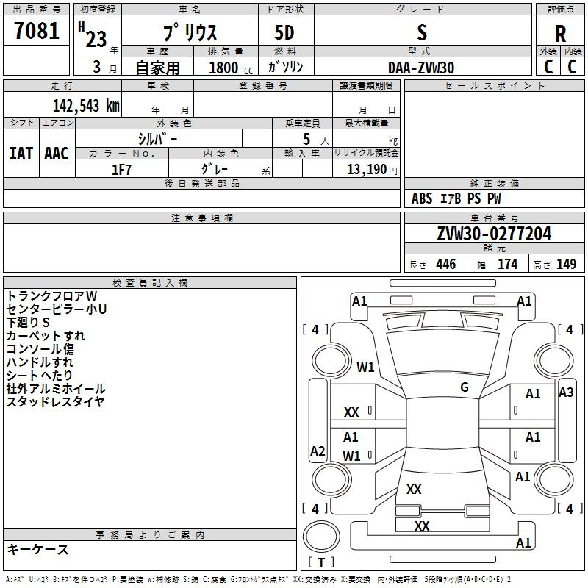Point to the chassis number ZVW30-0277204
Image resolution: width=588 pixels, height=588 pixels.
[x=494, y=234]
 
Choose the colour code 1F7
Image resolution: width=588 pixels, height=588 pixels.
[x=121, y=169]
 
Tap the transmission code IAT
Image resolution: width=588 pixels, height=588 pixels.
[x=21, y=154]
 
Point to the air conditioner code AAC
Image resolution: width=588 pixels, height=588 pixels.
[x=57, y=154]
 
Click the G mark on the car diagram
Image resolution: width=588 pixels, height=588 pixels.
[x=465, y=387]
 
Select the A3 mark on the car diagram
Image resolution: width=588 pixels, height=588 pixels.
[x=566, y=392]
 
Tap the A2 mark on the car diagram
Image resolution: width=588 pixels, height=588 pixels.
[x=318, y=451]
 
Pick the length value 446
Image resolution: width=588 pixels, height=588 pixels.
[x=445, y=265]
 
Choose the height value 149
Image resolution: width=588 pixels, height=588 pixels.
[x=566, y=265]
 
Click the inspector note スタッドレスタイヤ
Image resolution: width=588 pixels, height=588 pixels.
[x=56, y=401]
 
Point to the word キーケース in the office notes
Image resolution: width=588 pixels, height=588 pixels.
[x=38, y=550]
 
